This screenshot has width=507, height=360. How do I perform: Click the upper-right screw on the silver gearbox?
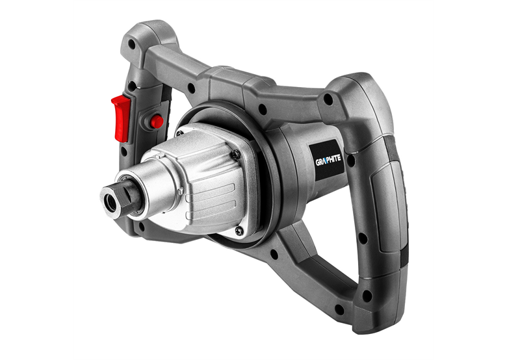tap(235, 153)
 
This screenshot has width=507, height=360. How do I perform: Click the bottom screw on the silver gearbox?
tap(239, 231)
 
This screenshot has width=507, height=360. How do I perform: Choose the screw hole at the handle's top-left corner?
tap(132, 45)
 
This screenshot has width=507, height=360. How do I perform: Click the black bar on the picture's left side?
tap(36, 180)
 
